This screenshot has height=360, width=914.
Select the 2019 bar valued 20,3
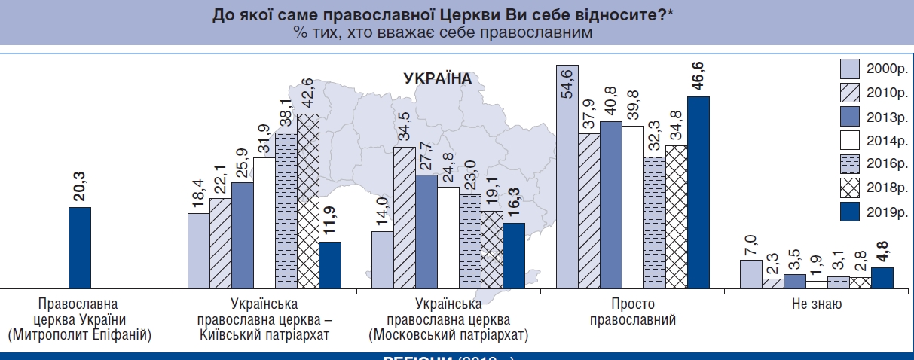pos(80,248)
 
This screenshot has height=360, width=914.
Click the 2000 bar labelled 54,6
pos(567,177)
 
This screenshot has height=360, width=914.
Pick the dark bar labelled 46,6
pos(698,192)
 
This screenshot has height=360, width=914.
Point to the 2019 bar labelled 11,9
pos(330,265)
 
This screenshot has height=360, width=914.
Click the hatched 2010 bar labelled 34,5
pos(404,218)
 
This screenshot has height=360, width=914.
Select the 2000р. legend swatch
pos(850,69)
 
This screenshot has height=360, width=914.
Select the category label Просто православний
pos(633,313)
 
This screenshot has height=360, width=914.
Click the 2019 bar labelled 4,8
pos(861,278)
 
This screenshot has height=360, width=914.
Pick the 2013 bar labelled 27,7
pos(426,231)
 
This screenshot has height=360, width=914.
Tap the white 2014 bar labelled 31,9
pos(264,223)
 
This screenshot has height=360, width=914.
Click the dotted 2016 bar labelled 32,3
pos(655,223)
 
